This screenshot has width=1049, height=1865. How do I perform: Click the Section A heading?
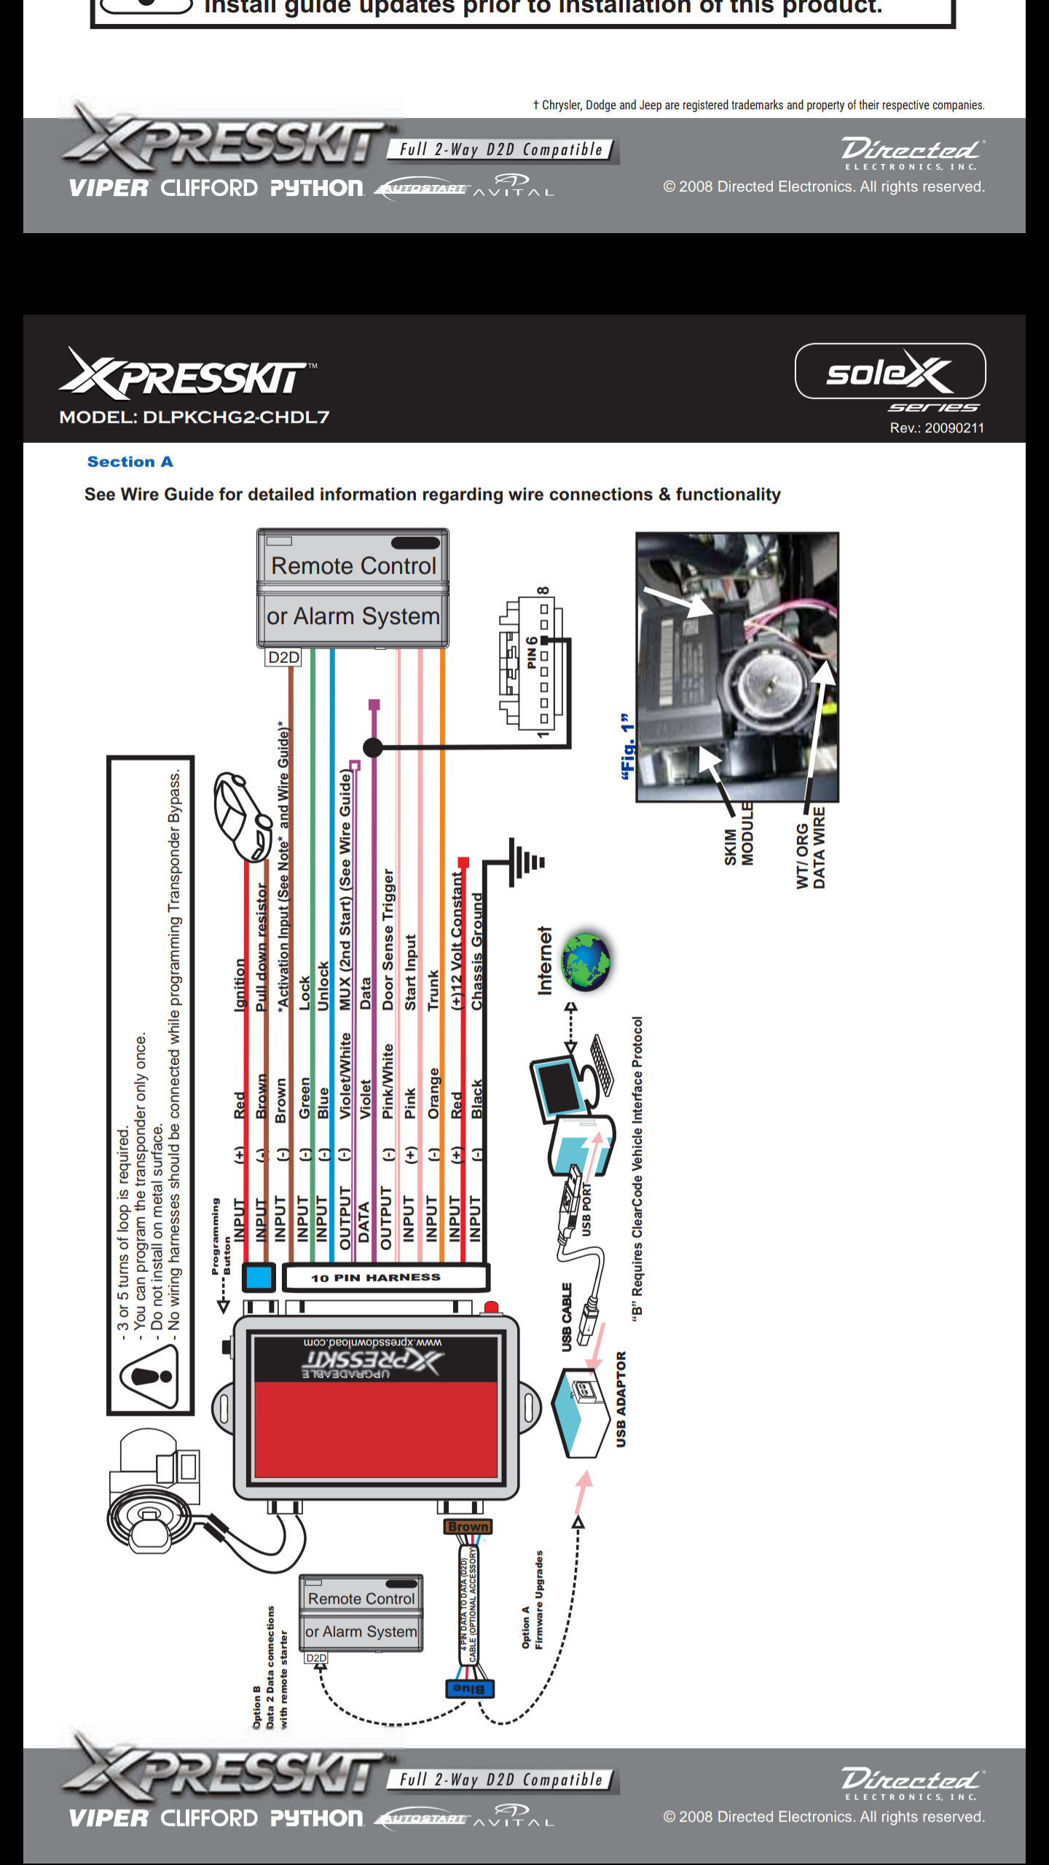point(130,462)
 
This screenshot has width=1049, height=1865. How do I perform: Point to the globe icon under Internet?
point(586,962)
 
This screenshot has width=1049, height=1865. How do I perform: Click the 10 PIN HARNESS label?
point(376,1278)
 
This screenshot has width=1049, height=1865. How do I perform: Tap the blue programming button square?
point(258,1277)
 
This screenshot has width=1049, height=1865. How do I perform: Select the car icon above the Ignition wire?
point(242,816)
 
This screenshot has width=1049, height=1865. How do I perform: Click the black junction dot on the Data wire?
point(373,747)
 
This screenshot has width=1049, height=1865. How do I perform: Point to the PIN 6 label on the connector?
point(532,653)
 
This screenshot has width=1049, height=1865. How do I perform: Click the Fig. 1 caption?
point(627,747)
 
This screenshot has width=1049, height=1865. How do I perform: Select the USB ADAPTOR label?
point(621,1399)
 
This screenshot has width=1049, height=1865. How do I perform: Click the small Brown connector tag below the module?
point(468,1526)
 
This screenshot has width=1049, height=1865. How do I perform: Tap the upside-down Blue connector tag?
point(469,1689)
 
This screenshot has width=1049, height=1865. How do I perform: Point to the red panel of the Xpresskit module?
point(375,1428)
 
